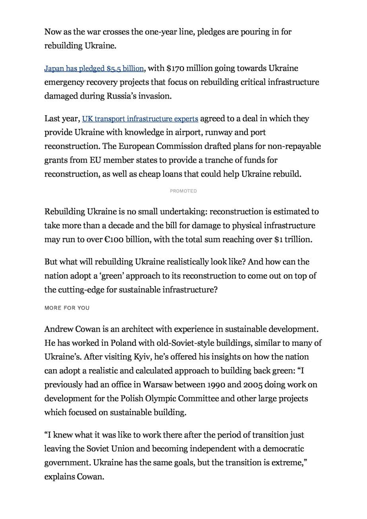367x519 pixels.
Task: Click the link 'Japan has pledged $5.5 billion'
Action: click(94, 69)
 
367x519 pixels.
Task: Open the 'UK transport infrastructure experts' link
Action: click(140, 119)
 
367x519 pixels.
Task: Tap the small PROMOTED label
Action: click(183, 191)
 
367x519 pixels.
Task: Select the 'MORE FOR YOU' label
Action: click(67, 308)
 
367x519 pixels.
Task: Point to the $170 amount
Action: click(174, 68)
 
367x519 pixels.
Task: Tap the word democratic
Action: click(282, 449)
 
